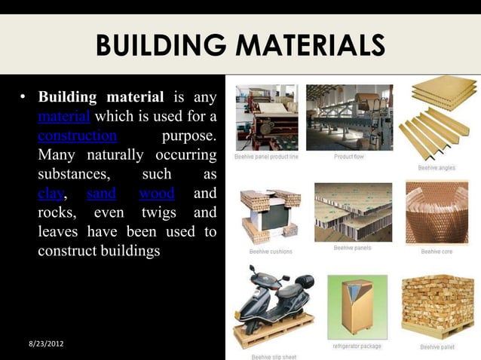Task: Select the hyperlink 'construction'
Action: point(77,136)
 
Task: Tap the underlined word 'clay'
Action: point(51,194)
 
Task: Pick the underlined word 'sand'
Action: point(101,194)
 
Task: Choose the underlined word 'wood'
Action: point(157,194)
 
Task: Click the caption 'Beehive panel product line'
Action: point(266,157)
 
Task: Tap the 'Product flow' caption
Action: point(350,157)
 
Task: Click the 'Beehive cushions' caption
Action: point(271,251)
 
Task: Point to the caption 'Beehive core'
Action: point(437,251)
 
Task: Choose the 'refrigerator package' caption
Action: point(357,346)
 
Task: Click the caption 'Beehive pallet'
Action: point(438,347)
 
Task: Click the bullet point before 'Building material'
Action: point(23,99)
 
